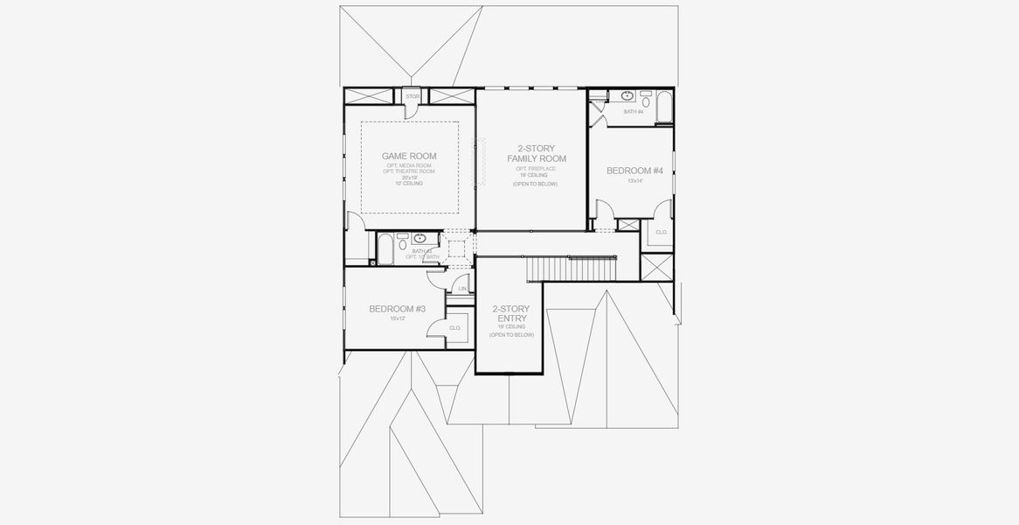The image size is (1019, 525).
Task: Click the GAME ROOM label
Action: [x=409, y=156]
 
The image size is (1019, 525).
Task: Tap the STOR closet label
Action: [x=412, y=95]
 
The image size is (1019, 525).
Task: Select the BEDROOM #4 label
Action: [x=635, y=170]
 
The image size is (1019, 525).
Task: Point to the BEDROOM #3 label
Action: [x=397, y=309]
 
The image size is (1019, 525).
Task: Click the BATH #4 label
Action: [x=633, y=112]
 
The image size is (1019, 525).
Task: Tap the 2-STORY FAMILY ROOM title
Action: [x=537, y=153]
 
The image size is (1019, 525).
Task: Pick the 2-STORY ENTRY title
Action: [x=510, y=313]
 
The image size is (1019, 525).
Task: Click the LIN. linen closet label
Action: [x=461, y=289]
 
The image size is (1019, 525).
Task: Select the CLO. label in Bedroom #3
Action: [x=454, y=328]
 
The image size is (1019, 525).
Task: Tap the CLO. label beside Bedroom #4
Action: [x=661, y=232]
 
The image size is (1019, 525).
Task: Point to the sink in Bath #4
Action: [x=627, y=95]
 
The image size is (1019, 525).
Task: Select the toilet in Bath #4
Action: [x=646, y=99]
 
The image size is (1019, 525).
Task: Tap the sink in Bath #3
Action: [x=419, y=238]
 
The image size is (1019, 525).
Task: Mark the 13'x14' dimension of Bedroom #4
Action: [x=634, y=181]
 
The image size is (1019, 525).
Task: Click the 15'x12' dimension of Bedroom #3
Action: [x=397, y=318]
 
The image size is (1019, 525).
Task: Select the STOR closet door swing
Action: [x=411, y=109]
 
